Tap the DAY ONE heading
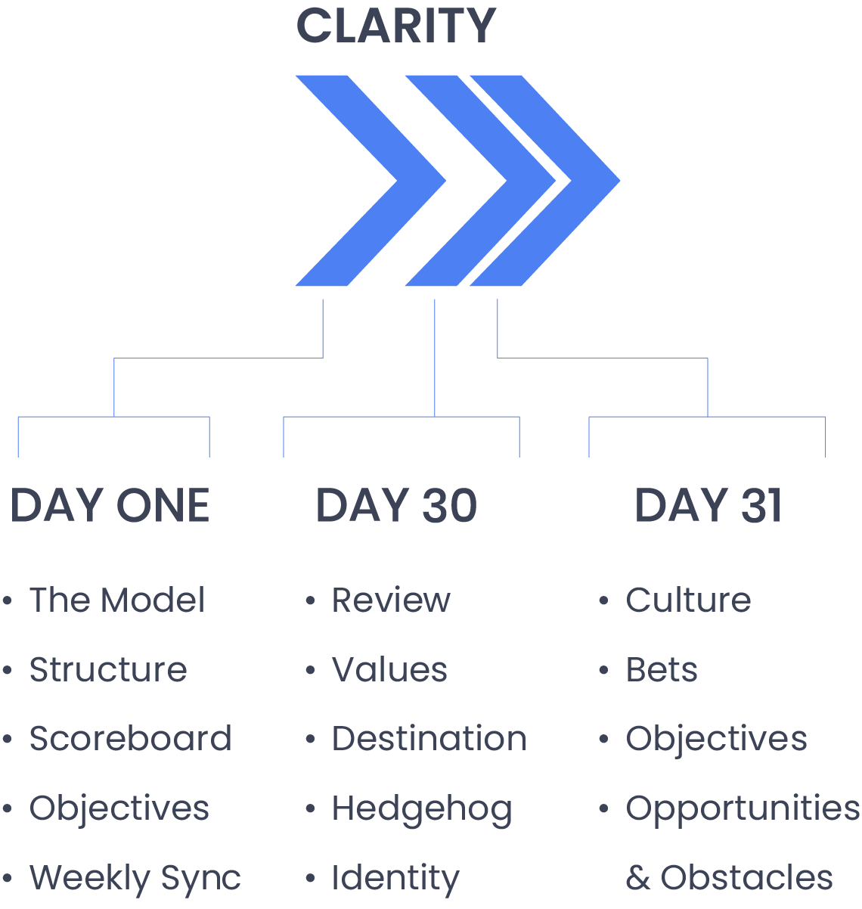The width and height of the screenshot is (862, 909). coord(110,505)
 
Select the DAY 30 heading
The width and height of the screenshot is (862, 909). coord(396,505)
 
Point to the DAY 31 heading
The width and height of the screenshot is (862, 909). coord(708,505)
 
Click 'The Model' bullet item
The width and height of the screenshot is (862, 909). coord(117,600)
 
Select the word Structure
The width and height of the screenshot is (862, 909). coord(108,670)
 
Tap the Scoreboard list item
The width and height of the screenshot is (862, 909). coord(130,739)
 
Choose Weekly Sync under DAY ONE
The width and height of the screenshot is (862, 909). coord(135,878)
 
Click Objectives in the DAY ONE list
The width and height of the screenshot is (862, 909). coord(119,808)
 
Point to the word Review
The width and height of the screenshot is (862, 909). coord(391,600)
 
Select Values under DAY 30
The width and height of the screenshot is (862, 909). coord(389,670)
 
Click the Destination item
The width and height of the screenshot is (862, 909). coord(429,739)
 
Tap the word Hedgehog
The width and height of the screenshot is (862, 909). coord(422,809)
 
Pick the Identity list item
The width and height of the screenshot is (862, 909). coord(395,879)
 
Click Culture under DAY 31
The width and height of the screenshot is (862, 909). coord(688,600)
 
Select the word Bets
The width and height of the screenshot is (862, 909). coord(662,670)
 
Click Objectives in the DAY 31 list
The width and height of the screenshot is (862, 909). coord(716,739)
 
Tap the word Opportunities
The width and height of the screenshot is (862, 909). coord(743,809)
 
